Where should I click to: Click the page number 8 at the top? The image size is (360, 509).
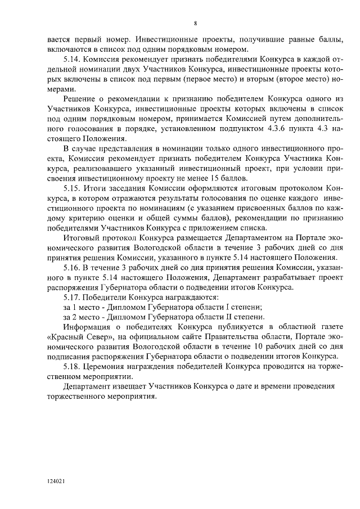click(195, 24)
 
